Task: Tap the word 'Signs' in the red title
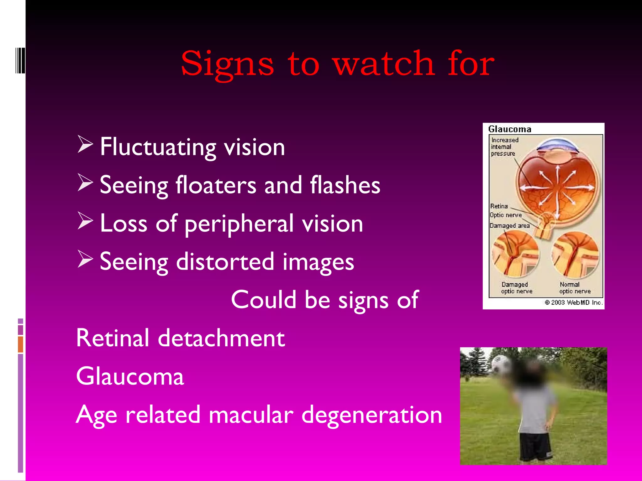227,64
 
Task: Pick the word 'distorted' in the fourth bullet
225,261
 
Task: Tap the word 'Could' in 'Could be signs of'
264,299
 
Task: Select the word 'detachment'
221,338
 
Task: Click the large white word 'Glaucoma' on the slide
130,376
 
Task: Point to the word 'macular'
251,415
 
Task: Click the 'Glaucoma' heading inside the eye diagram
510,129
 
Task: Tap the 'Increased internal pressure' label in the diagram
504,147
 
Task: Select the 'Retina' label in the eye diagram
499,206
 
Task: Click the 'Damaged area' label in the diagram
509,225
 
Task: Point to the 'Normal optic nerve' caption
575,288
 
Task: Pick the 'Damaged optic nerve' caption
516,288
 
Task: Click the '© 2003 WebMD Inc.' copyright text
573,302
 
